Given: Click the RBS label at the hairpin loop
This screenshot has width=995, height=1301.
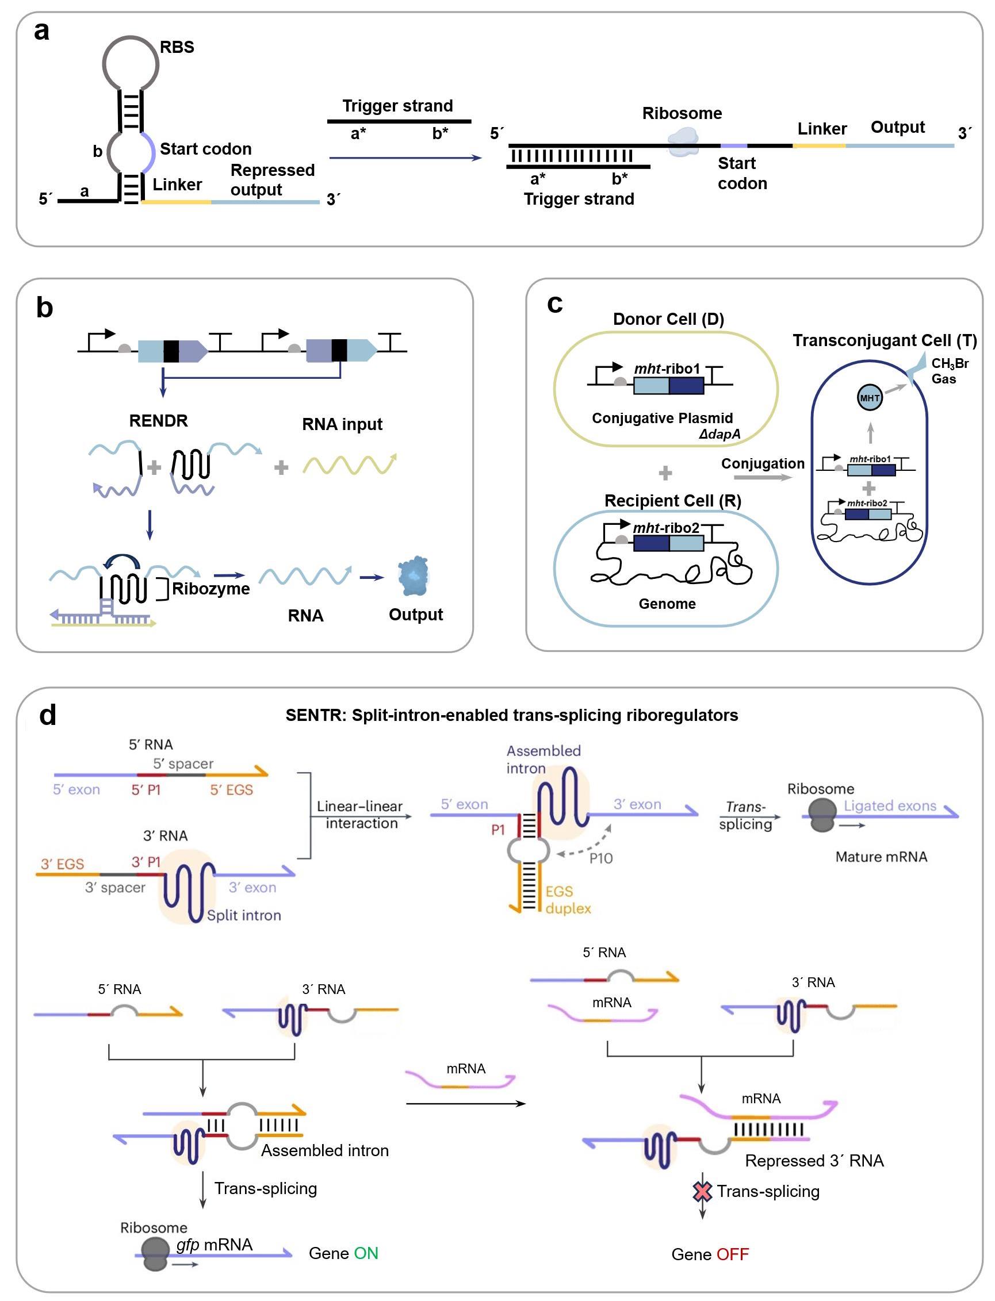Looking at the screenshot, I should coord(177,47).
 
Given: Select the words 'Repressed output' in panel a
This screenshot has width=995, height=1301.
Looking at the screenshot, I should coord(273,180).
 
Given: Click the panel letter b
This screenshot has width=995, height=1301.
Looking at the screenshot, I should coord(44,308).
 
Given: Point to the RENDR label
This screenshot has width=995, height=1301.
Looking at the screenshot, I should coord(158,421).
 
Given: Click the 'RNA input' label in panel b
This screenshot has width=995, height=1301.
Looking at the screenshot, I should coord(342,424).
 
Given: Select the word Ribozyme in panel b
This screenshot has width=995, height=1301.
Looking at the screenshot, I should coord(211,589).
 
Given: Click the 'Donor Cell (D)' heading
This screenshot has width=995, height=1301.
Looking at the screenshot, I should coord(668,319).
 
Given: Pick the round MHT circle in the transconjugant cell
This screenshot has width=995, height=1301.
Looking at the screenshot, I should coord(870,398).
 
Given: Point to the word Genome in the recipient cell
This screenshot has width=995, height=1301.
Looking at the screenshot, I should coord(667,604).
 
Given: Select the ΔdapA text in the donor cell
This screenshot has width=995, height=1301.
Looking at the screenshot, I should coord(720,434).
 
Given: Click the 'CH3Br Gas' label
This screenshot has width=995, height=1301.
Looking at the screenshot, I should coord(950,371).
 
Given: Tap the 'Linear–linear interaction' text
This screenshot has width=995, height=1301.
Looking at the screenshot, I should coord(359,815).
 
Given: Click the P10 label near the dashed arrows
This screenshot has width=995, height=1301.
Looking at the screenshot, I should coord(600,858).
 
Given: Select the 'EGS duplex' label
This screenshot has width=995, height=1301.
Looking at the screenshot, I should coord(568,900).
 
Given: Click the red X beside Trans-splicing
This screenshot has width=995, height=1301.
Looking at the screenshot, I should coord(702,1192).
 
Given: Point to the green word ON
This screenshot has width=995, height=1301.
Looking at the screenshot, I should coord(365,1253).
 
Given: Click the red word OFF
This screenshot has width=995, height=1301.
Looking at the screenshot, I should coord(732,1254).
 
